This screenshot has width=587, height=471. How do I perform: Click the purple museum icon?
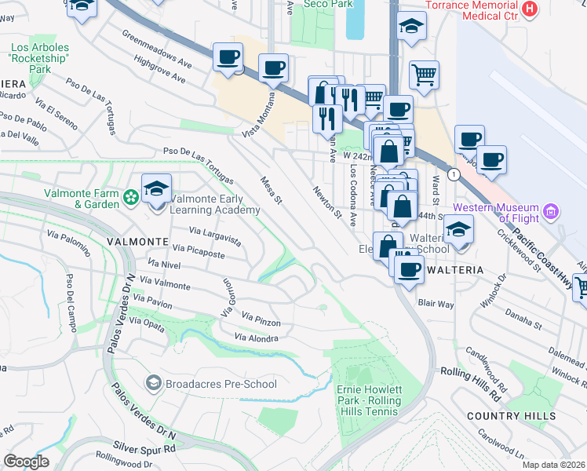pyautogui.click(x=552, y=211)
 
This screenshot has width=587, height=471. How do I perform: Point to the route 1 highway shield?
pyautogui.click(x=453, y=173)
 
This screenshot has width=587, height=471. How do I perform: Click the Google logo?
pyautogui.click(x=26, y=462)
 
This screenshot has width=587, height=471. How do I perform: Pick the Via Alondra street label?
pyautogui.click(x=256, y=338)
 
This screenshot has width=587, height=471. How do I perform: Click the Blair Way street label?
pyautogui.click(x=436, y=302)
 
